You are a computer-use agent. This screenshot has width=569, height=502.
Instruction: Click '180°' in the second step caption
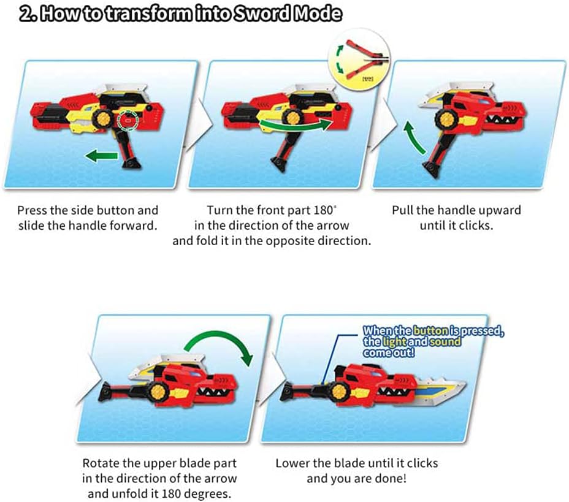click(x=315, y=210)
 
